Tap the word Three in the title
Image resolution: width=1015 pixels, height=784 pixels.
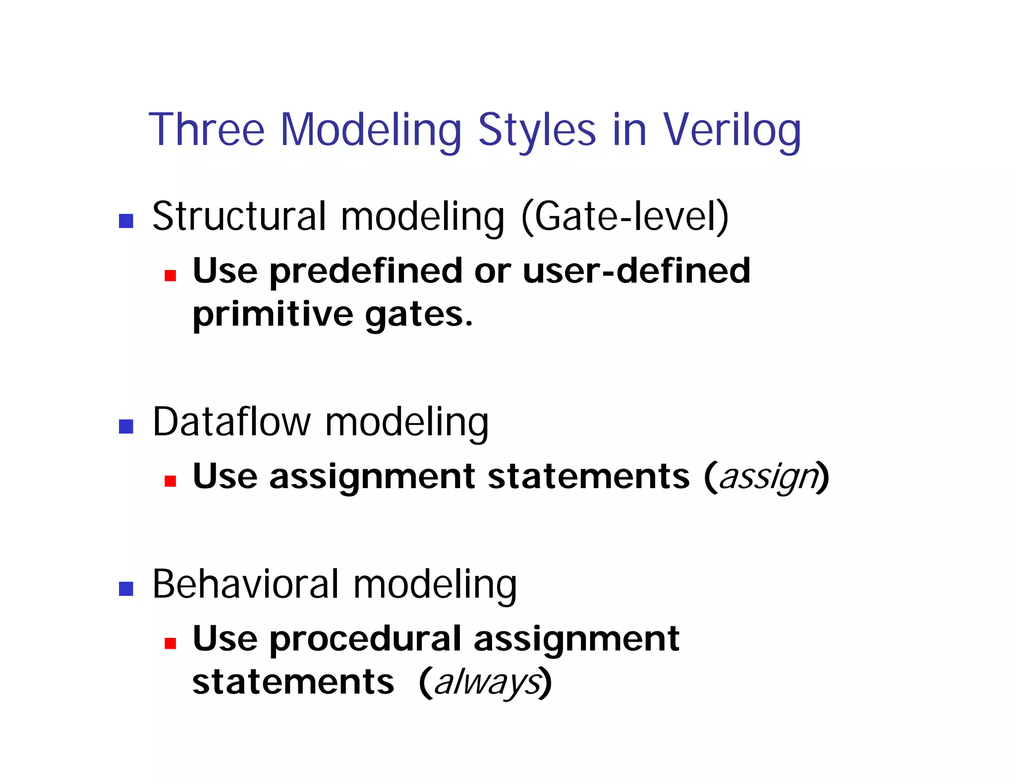coord(207,130)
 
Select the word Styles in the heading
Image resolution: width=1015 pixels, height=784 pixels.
coord(537,130)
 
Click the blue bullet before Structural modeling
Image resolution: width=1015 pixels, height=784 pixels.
coord(126,221)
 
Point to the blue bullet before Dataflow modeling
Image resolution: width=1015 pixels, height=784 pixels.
coord(126,426)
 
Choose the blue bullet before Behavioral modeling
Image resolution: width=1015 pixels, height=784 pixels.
coord(126,588)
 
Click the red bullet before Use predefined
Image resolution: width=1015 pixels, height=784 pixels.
coord(170,276)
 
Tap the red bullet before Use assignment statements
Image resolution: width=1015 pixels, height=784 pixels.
coord(170,481)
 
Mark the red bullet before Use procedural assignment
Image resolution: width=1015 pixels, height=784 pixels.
coord(170,643)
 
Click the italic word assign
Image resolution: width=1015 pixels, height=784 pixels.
coord(768,477)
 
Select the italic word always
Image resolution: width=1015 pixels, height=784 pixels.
coord(487,683)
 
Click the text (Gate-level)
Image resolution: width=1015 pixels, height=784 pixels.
coord(625,217)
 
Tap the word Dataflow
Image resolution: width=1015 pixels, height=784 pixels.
coord(231,422)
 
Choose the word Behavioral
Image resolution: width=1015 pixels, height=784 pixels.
coord(245,584)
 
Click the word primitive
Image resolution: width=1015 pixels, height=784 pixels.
coord(273,315)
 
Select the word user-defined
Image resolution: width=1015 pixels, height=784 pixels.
coord(636,271)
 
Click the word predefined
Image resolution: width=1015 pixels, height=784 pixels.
coord(366,272)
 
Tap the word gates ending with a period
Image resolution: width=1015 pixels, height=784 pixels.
coord(419,315)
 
